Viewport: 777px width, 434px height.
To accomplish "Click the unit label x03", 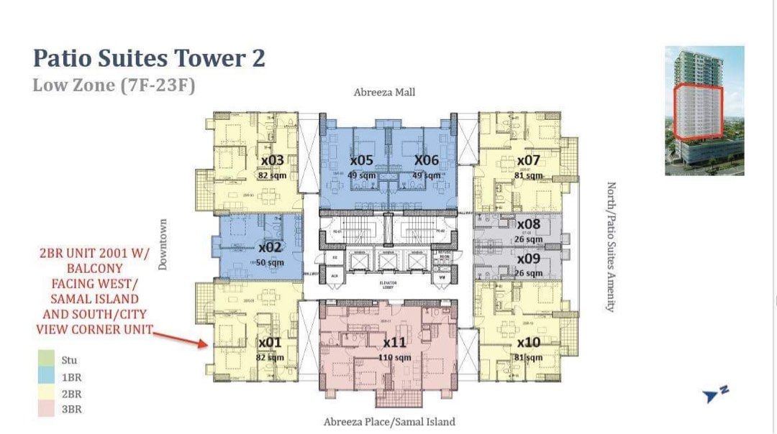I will [272, 160].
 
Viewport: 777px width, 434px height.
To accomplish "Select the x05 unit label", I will [361, 160].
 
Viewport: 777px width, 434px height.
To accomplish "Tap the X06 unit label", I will [426, 160].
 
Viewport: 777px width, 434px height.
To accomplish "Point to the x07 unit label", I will [529, 160].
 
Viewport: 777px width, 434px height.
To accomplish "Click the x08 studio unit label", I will [528, 224].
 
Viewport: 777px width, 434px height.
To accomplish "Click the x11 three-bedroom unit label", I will [395, 342].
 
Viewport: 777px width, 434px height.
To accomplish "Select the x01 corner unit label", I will [271, 342].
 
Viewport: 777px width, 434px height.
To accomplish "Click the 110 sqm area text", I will [395, 357].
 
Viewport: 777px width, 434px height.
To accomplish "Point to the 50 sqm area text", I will [271, 263].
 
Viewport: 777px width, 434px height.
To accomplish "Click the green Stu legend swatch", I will [45, 360].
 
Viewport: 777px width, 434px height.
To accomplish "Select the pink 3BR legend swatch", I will [45, 410].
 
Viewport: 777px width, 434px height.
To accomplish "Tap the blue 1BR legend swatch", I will [45, 377].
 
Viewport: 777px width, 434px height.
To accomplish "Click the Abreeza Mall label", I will [384, 93].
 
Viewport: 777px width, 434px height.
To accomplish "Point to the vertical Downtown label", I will [163, 245].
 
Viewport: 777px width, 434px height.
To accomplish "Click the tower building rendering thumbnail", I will [704, 111].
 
